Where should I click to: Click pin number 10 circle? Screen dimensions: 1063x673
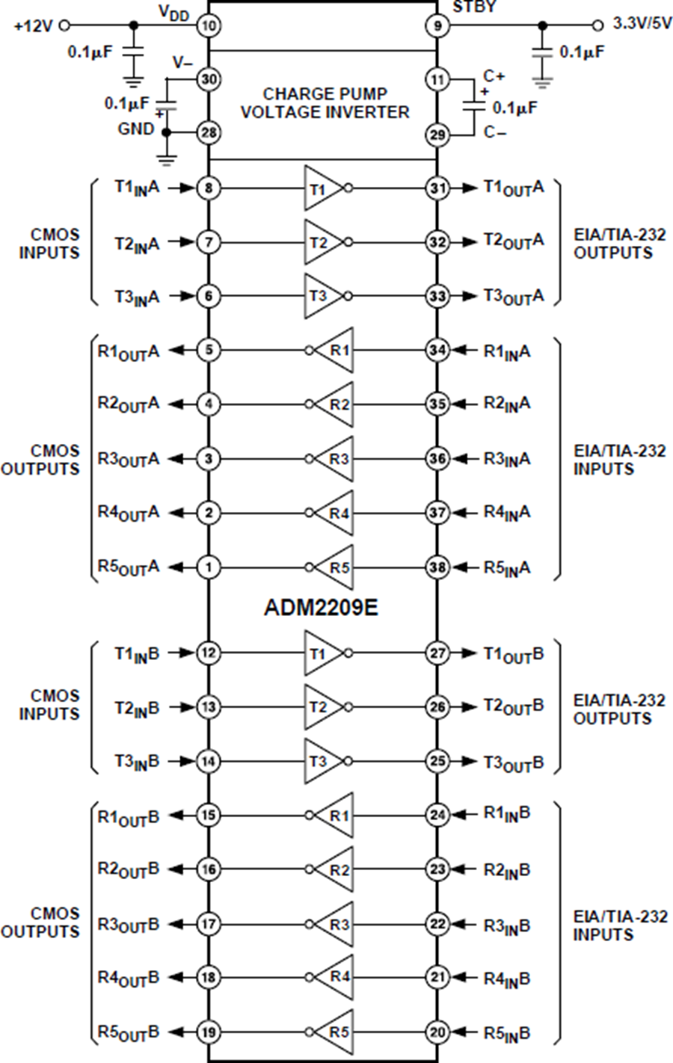[x=208, y=26]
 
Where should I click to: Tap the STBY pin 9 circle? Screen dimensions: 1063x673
[x=437, y=26]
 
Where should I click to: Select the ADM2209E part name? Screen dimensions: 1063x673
[x=321, y=607]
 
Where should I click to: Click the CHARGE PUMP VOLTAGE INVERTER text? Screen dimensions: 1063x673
[x=325, y=103]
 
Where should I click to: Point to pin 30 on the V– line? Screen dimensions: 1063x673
[x=208, y=79]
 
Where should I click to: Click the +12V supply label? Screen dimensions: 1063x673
[x=34, y=26]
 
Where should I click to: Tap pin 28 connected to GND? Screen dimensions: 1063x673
[x=208, y=133]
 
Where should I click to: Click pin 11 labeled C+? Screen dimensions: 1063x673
[x=437, y=79]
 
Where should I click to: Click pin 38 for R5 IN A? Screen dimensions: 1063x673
[x=437, y=567]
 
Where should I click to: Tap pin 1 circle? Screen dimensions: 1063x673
[x=208, y=567]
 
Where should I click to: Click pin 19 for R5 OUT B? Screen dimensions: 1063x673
[x=208, y=1032]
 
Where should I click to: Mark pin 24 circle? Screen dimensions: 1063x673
[x=437, y=815]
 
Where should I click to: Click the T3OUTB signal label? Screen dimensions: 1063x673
[x=513, y=763]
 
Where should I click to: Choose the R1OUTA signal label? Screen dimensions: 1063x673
[x=129, y=351]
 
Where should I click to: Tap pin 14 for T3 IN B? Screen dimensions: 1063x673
[x=208, y=762]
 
